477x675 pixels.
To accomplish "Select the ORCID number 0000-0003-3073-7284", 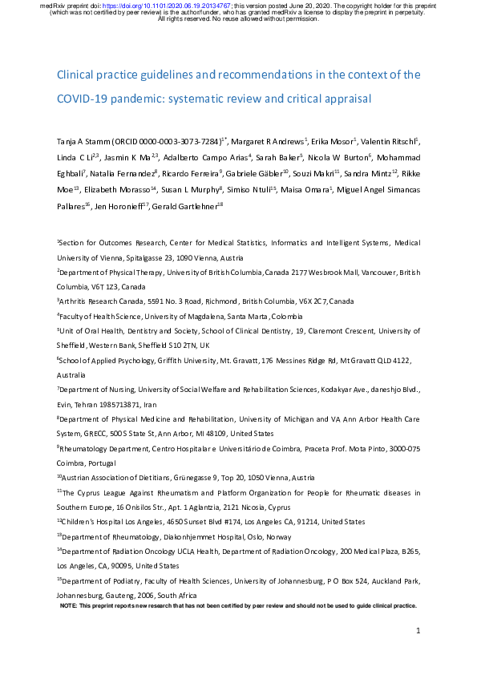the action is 175,140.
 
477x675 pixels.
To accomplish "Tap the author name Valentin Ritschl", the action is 391,140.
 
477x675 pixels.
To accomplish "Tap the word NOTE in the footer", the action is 69,607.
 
